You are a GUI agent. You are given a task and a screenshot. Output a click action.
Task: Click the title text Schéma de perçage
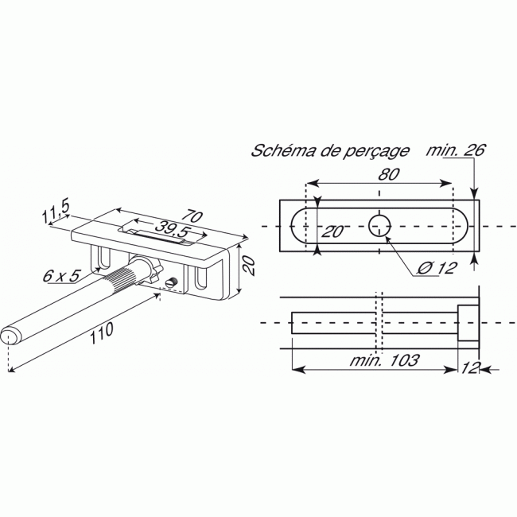point(330,150)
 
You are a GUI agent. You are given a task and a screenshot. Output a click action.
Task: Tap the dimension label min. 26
point(455,150)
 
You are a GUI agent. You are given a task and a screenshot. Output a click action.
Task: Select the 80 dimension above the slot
point(388,173)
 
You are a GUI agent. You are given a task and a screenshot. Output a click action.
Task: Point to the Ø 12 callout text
point(435,267)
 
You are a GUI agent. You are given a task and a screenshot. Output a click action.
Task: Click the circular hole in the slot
point(380,225)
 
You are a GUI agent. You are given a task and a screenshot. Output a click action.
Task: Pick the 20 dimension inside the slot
point(332,231)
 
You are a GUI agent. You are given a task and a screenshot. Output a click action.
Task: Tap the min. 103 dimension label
point(385,360)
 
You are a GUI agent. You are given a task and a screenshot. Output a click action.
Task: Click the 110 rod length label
point(100,334)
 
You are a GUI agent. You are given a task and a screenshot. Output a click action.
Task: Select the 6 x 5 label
point(62,276)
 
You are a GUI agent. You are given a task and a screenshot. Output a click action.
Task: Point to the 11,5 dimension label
point(56,212)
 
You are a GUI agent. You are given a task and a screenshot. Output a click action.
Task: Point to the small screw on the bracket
point(172,282)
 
